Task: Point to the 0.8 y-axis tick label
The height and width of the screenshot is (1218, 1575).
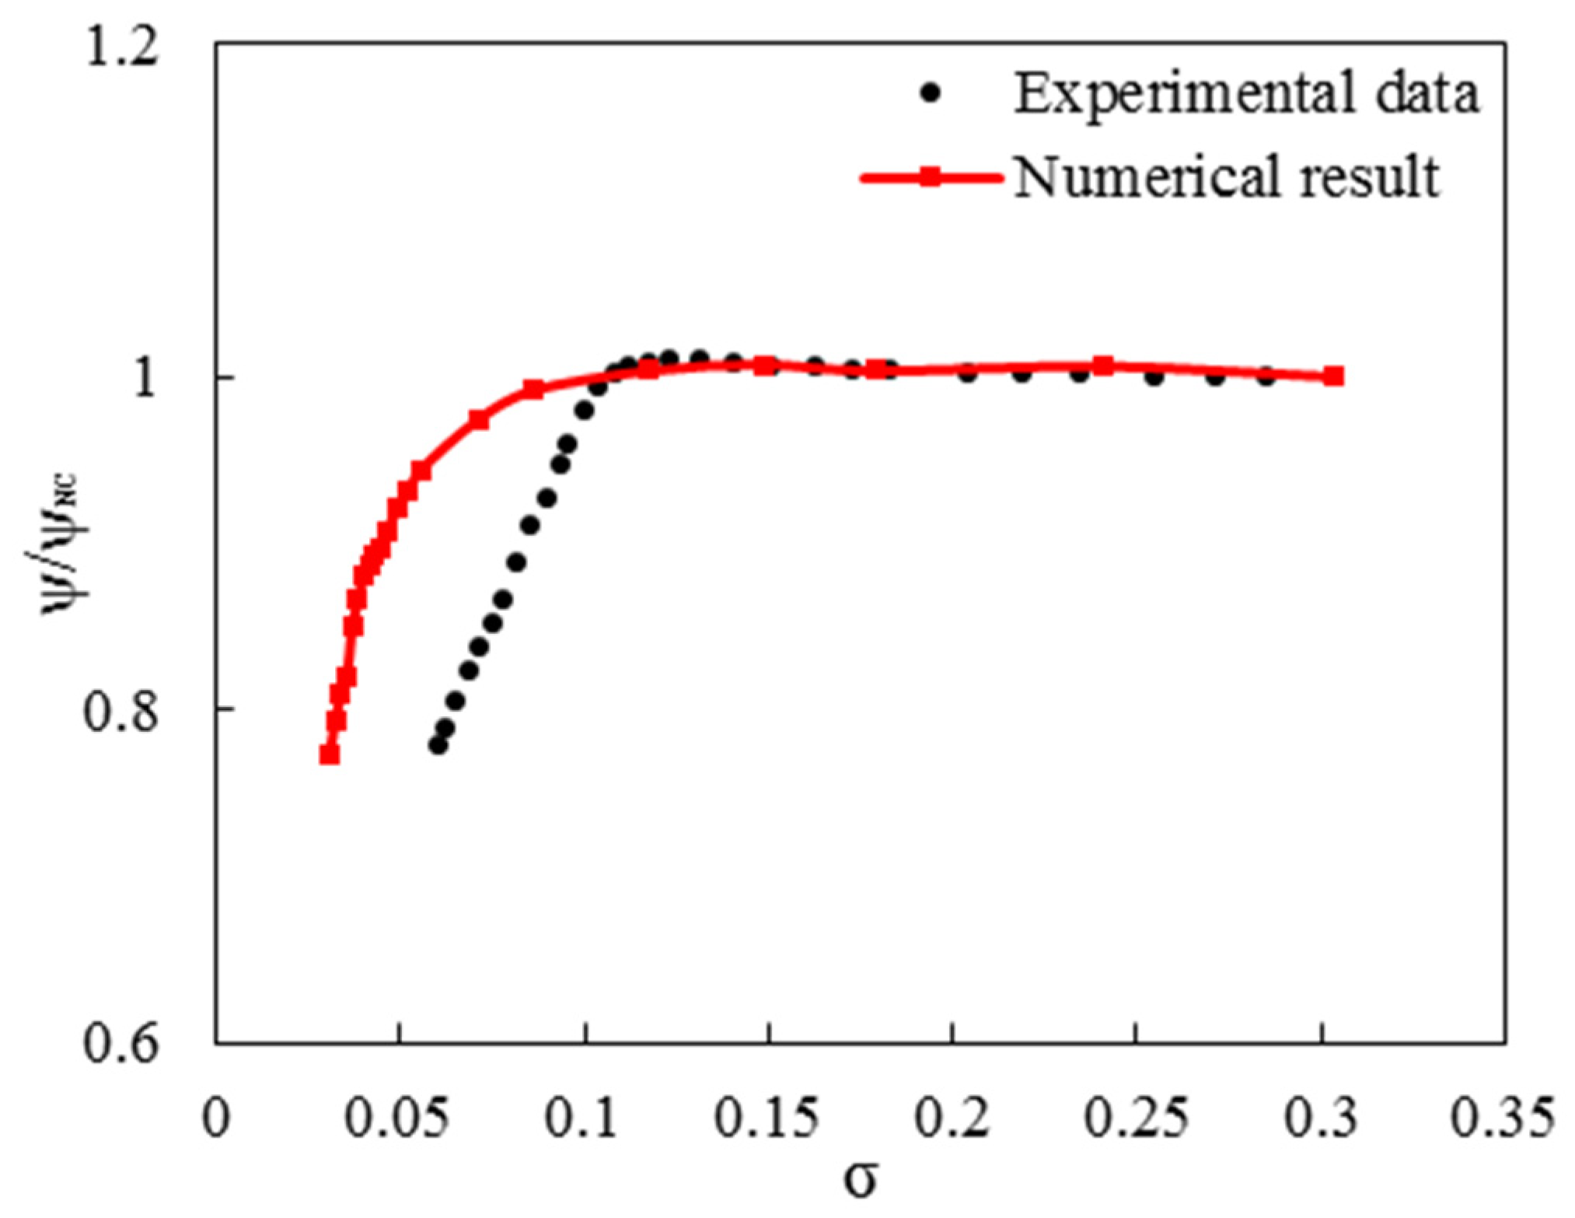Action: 120,710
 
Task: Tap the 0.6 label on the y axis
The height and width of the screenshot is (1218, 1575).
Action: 120,1042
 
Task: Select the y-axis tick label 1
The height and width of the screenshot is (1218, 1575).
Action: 145,379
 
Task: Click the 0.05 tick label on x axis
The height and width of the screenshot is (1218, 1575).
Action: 396,1118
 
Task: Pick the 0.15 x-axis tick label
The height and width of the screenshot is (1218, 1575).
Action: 767,1118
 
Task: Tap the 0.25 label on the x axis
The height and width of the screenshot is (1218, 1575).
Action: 1136,1118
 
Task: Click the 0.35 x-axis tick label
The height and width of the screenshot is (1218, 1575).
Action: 1503,1118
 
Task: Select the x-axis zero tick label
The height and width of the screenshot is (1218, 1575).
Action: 215,1118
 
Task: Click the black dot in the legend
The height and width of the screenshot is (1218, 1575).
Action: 930,93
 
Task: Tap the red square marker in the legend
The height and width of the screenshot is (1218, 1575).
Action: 930,178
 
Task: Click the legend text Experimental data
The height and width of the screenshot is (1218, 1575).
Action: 1246,93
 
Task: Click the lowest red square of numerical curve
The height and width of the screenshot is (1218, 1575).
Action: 330,754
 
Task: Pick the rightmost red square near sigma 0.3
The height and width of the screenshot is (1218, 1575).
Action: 1333,376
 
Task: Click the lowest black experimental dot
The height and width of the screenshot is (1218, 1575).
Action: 438,744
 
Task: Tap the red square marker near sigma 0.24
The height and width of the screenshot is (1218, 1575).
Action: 1102,366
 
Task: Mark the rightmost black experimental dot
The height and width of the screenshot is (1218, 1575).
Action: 1266,377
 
